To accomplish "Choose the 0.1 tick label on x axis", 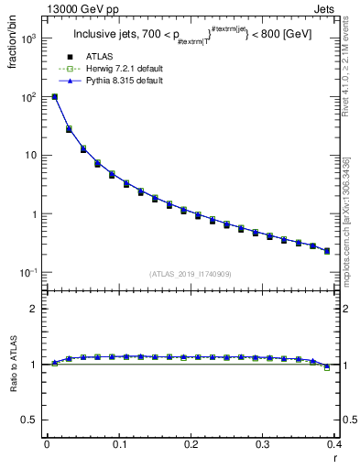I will pos(119,444).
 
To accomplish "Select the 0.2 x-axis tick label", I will pos(191,444).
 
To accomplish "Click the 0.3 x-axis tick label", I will pos(264,444).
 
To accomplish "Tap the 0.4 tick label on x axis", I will pos(334,444).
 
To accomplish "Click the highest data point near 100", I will pos(55,96).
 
